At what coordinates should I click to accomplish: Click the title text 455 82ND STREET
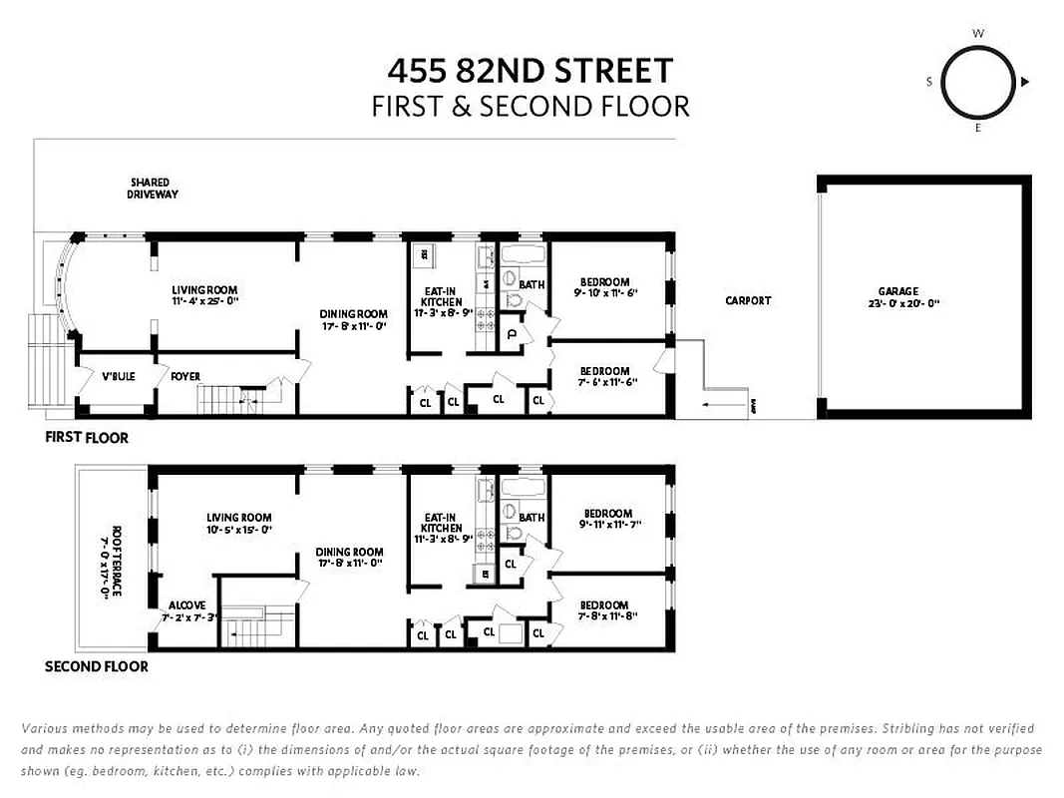(x=531, y=71)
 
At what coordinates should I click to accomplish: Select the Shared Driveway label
(x=152, y=189)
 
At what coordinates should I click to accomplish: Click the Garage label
(x=897, y=297)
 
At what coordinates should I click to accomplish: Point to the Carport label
(x=748, y=300)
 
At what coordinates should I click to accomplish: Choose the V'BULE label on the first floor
(x=118, y=377)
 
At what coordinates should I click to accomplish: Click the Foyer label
(x=184, y=377)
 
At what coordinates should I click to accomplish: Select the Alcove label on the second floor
(x=186, y=605)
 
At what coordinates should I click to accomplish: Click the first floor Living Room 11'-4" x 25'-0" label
(x=204, y=295)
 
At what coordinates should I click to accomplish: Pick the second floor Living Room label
(x=238, y=524)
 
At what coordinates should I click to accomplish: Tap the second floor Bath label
(x=532, y=517)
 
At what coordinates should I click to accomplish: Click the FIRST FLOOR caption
(x=87, y=438)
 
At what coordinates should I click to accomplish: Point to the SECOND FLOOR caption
(x=97, y=666)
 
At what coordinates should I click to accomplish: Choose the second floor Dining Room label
(x=349, y=558)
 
